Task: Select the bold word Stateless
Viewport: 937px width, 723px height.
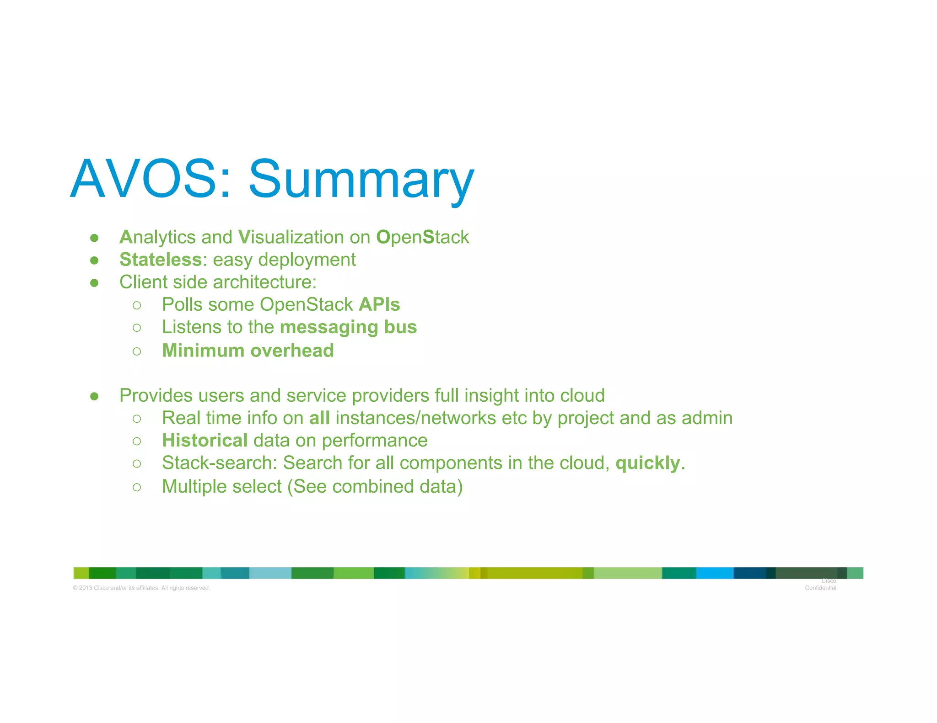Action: pyautogui.click(x=160, y=260)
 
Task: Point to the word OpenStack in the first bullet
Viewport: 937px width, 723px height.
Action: pyautogui.click(x=422, y=237)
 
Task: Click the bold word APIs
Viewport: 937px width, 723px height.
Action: pyautogui.click(x=379, y=304)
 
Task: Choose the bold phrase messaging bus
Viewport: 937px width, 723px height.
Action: pyautogui.click(x=348, y=327)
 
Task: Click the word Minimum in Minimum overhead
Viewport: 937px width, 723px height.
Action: pyautogui.click(x=203, y=351)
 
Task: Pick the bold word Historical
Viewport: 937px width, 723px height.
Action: pyautogui.click(x=205, y=441)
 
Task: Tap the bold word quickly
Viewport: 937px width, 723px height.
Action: pyautogui.click(x=647, y=463)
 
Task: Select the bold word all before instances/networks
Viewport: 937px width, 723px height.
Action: pyautogui.click(x=319, y=418)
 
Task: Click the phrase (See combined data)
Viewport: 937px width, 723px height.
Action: pyautogui.click(x=375, y=487)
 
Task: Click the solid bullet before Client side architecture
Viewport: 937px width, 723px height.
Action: pyautogui.click(x=94, y=283)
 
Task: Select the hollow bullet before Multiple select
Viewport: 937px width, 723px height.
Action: pyautogui.click(x=137, y=487)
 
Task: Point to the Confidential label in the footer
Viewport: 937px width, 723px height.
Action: pyautogui.click(x=820, y=588)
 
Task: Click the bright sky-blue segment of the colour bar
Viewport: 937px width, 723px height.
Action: pyautogui.click(x=714, y=573)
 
